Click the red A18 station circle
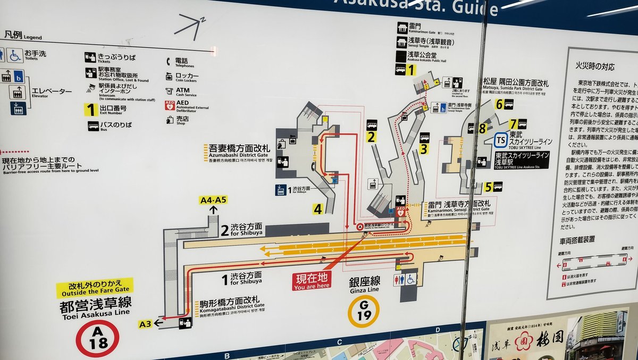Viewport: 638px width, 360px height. [x=97, y=338]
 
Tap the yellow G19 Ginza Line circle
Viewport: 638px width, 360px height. [x=364, y=311]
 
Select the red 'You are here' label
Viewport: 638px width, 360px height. [x=311, y=280]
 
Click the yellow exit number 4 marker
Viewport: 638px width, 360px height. [x=317, y=209]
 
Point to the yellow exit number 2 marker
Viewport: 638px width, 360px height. [x=371, y=137]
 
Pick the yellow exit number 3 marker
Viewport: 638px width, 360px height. [x=423, y=149]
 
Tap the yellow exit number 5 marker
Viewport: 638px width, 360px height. [x=488, y=187]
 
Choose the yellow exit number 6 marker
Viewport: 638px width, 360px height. [x=499, y=104]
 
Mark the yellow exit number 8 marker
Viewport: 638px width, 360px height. [x=482, y=128]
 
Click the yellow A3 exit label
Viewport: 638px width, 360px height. [x=145, y=323]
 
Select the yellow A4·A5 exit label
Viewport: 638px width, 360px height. [x=213, y=200]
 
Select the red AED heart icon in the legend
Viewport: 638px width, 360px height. [x=169, y=105]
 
